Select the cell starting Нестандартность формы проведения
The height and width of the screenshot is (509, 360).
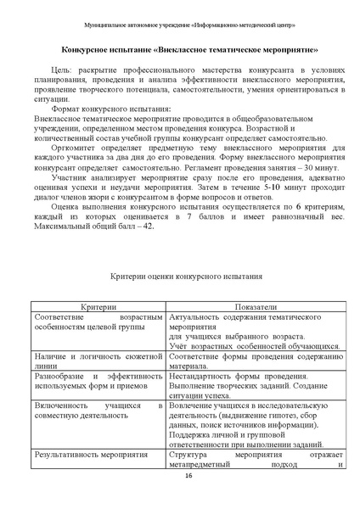click(x=252, y=387)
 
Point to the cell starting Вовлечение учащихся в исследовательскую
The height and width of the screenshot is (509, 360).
click(x=252, y=422)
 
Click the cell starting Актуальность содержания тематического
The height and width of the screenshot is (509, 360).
click(x=252, y=330)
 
